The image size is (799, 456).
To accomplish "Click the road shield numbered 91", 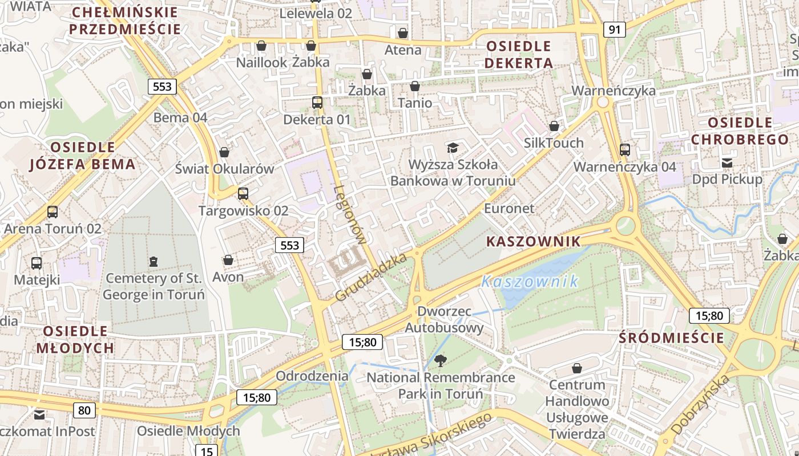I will (614, 30).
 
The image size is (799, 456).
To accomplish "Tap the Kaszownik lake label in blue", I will (530, 281).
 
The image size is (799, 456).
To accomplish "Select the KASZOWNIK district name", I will (533, 242).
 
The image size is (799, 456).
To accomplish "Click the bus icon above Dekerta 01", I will (317, 103).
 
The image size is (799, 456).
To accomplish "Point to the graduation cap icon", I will (453, 148).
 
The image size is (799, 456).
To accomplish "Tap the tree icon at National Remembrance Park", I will (440, 360).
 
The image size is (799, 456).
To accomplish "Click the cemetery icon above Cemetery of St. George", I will (153, 262).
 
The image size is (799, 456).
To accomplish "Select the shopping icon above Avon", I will (228, 260).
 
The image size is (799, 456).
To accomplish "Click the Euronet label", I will (509, 209).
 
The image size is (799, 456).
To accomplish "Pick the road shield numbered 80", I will (84, 409).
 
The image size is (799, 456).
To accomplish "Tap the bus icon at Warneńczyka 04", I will (625, 150).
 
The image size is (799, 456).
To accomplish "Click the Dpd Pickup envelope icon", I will (727, 163).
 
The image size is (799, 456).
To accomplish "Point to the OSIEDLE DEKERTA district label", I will (519, 54).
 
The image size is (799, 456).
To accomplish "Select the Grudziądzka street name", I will (370, 278).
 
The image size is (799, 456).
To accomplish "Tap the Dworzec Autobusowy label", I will (444, 319).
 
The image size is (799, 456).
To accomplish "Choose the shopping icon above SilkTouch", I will (554, 126).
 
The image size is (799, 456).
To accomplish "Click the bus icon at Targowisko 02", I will (243, 194).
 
